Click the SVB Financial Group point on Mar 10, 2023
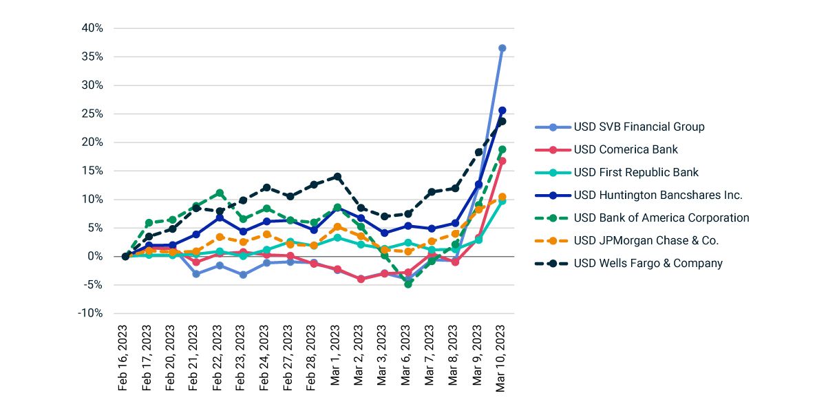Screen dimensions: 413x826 click(x=502, y=48)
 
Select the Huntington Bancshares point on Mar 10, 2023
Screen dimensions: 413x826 click(x=502, y=110)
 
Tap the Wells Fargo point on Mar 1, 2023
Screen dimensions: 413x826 click(x=337, y=177)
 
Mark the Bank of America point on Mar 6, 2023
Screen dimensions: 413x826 click(x=408, y=284)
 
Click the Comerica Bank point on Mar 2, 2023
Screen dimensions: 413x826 click(x=361, y=279)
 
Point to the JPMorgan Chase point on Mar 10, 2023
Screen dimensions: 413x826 click(x=502, y=197)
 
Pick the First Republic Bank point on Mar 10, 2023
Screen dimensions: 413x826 click(x=502, y=201)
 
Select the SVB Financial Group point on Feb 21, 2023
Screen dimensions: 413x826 click(x=196, y=274)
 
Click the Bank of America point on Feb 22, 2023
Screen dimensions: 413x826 click(x=220, y=193)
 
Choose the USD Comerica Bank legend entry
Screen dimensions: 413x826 click(x=626, y=149)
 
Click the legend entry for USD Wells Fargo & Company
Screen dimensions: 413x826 click(x=648, y=263)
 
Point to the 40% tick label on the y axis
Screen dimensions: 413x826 click(x=92, y=28)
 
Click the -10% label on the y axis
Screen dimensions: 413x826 click(x=90, y=313)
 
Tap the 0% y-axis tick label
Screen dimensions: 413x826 click(x=95, y=256)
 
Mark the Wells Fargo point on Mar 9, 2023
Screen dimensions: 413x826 click(x=479, y=152)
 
